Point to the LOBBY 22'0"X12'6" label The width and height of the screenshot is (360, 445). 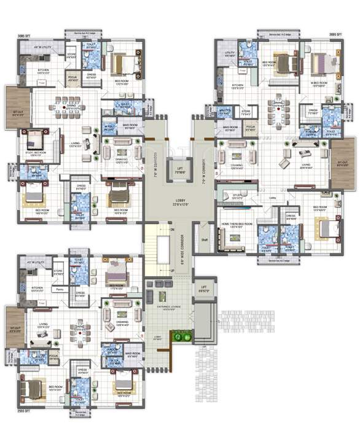(179, 203)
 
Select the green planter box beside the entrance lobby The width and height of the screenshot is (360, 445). (179, 336)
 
